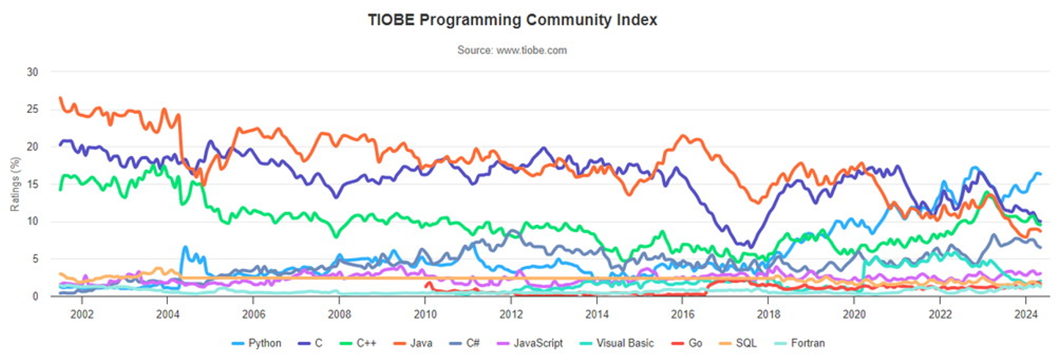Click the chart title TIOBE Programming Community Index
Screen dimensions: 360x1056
coord(513,21)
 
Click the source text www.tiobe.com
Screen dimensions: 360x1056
coord(512,51)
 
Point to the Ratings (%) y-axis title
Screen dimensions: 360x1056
coord(15,184)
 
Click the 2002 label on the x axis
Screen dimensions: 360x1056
coord(81,311)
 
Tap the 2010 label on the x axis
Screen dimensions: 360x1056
coord(425,311)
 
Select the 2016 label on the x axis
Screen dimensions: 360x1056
coord(682,311)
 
